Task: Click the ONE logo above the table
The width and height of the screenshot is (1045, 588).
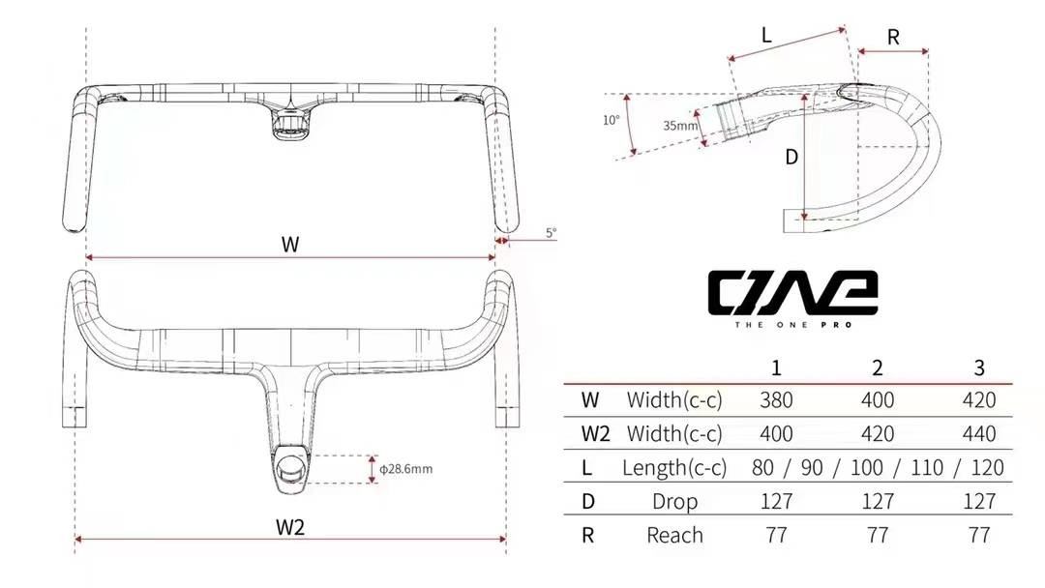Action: point(792,293)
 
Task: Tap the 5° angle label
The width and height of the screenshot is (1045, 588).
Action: point(551,233)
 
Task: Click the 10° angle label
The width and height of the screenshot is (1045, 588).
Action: point(611,121)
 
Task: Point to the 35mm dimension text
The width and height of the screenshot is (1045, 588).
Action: point(680,126)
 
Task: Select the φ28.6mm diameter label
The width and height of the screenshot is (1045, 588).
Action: point(405,469)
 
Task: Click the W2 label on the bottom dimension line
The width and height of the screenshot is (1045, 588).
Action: point(290,527)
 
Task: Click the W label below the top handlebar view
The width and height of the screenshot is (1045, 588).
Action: point(290,245)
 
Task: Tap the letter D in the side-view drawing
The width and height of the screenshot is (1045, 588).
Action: point(791,157)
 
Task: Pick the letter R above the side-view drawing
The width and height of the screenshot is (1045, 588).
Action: point(893,38)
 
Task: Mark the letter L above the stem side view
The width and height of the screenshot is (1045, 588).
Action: point(766,36)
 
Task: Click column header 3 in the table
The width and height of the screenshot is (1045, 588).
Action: point(979,367)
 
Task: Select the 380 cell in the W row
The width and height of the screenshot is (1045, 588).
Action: point(776,400)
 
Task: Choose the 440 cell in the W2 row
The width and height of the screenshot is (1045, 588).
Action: point(979,434)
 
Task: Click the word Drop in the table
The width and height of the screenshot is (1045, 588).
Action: point(674,501)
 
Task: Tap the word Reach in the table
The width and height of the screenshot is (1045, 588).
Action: point(674,535)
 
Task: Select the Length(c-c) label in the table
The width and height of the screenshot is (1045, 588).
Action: point(674,468)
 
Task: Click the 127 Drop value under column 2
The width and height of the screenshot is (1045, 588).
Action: point(878,501)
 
